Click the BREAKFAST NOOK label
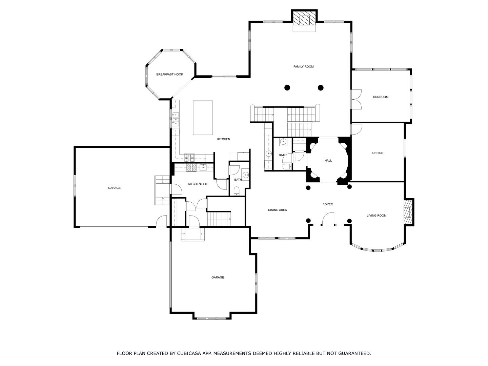coord(169,75)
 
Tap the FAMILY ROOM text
coord(303,67)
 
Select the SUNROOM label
coord(381,97)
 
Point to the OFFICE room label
coord(378,153)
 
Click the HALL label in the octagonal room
coord(328,161)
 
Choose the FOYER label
coord(327,204)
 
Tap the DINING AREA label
coord(277,210)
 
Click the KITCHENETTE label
coord(198,184)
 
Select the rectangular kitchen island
coord(203,118)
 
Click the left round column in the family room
coord(287,88)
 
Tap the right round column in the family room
coord(321,88)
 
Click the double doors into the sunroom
coord(357,99)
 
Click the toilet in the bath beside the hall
coord(286,166)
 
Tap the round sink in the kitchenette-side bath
coord(245,175)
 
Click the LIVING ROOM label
coord(377,216)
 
